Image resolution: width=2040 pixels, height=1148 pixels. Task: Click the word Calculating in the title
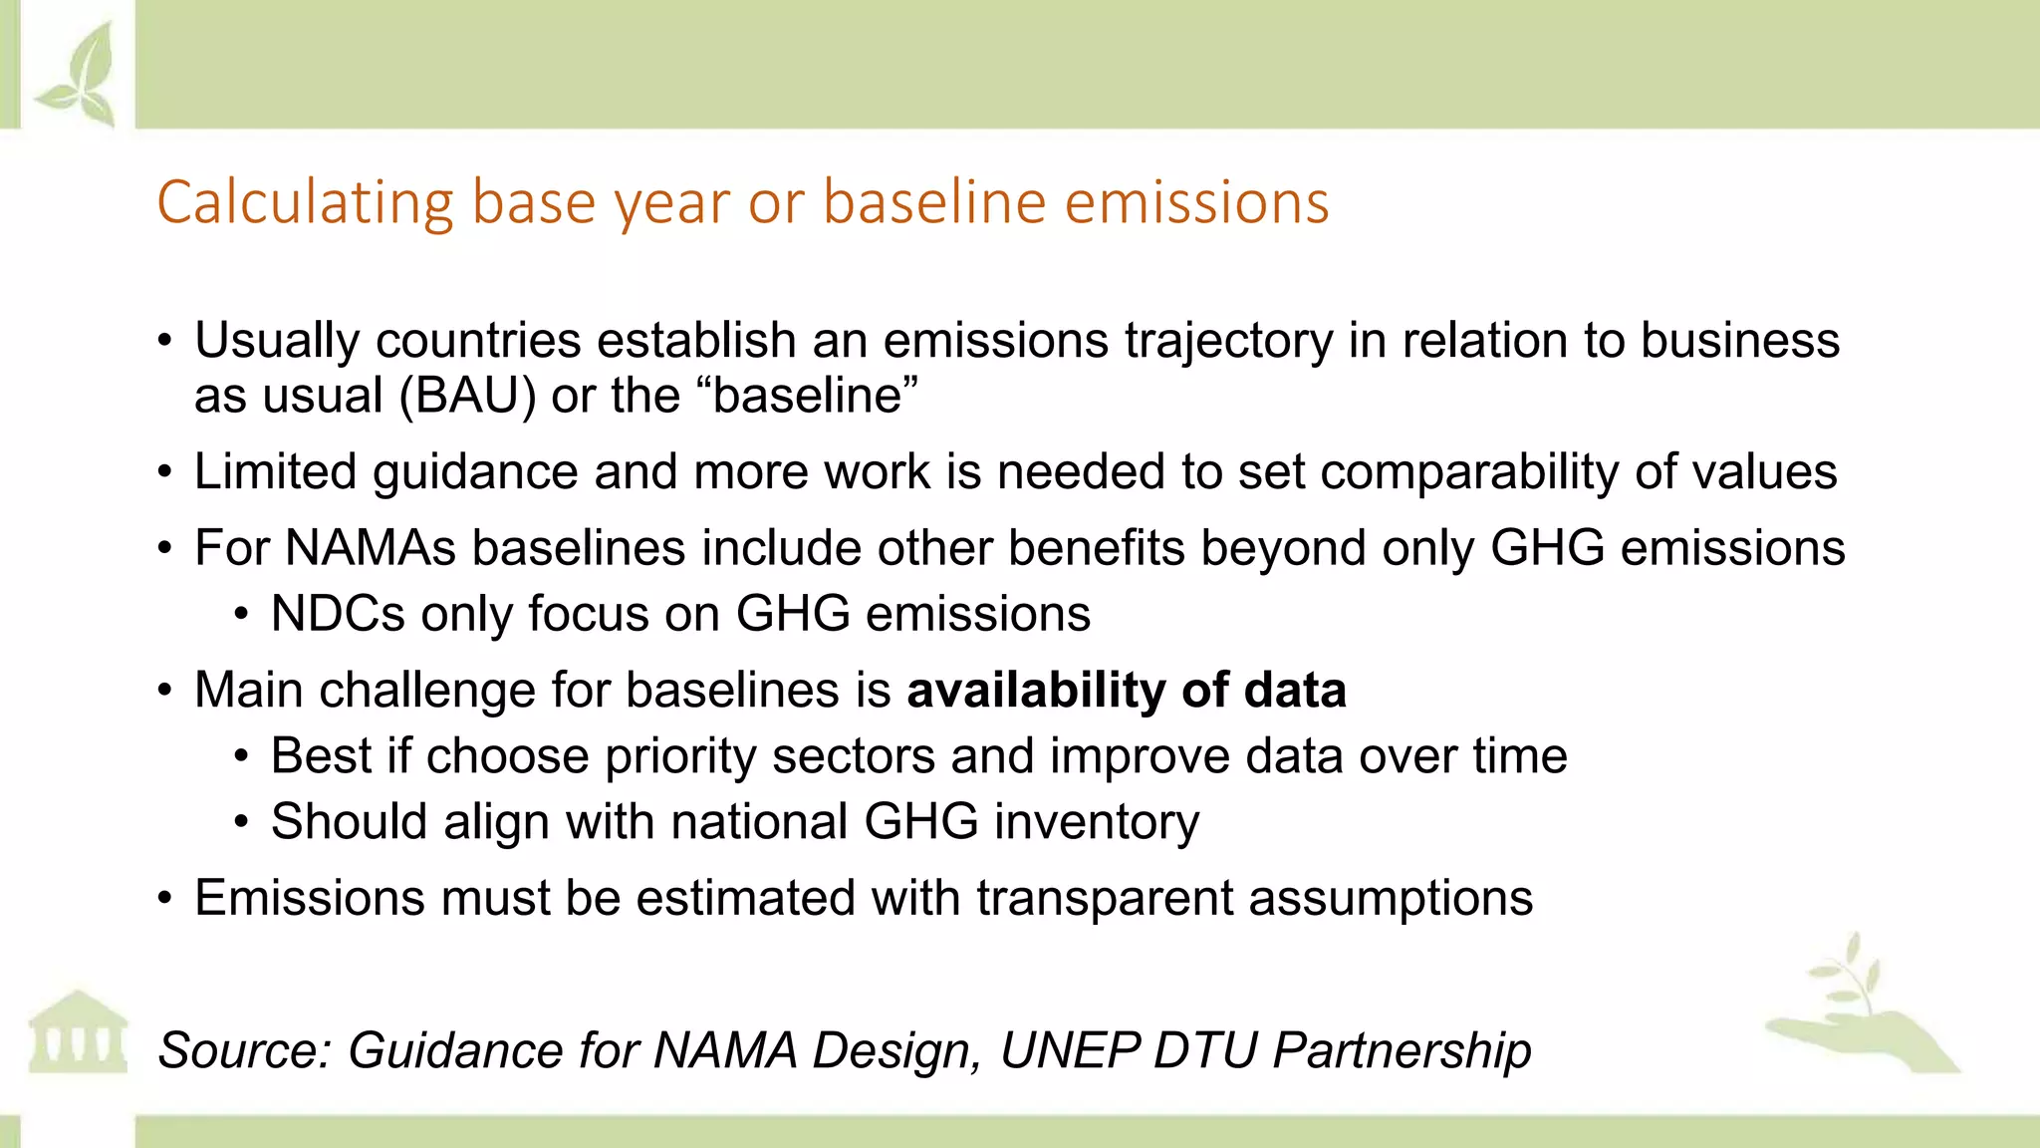[x=305, y=203]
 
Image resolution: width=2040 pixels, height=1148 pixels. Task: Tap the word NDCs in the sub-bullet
[x=338, y=614]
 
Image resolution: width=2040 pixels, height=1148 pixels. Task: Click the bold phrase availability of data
[x=1126, y=691]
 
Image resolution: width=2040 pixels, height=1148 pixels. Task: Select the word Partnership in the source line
[x=1402, y=1050]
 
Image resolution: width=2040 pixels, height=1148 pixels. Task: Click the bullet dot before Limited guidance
[x=166, y=472]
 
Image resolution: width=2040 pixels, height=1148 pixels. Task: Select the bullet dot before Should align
[x=242, y=823]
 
